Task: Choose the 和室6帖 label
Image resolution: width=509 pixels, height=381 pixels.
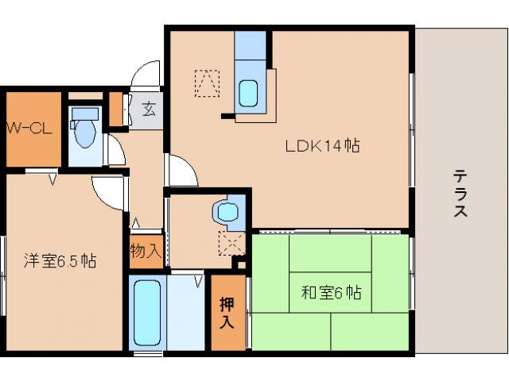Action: [331, 294]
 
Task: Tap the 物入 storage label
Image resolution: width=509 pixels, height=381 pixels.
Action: [146, 252]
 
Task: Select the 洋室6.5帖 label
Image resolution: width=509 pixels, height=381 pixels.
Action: [60, 260]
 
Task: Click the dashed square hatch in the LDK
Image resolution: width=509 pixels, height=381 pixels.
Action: [208, 83]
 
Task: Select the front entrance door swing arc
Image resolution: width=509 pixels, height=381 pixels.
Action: [147, 75]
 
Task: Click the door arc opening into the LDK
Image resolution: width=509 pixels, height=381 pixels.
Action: [180, 170]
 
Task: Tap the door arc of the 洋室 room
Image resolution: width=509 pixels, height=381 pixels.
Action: [107, 189]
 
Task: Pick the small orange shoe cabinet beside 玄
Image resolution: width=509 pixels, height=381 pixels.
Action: [116, 110]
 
